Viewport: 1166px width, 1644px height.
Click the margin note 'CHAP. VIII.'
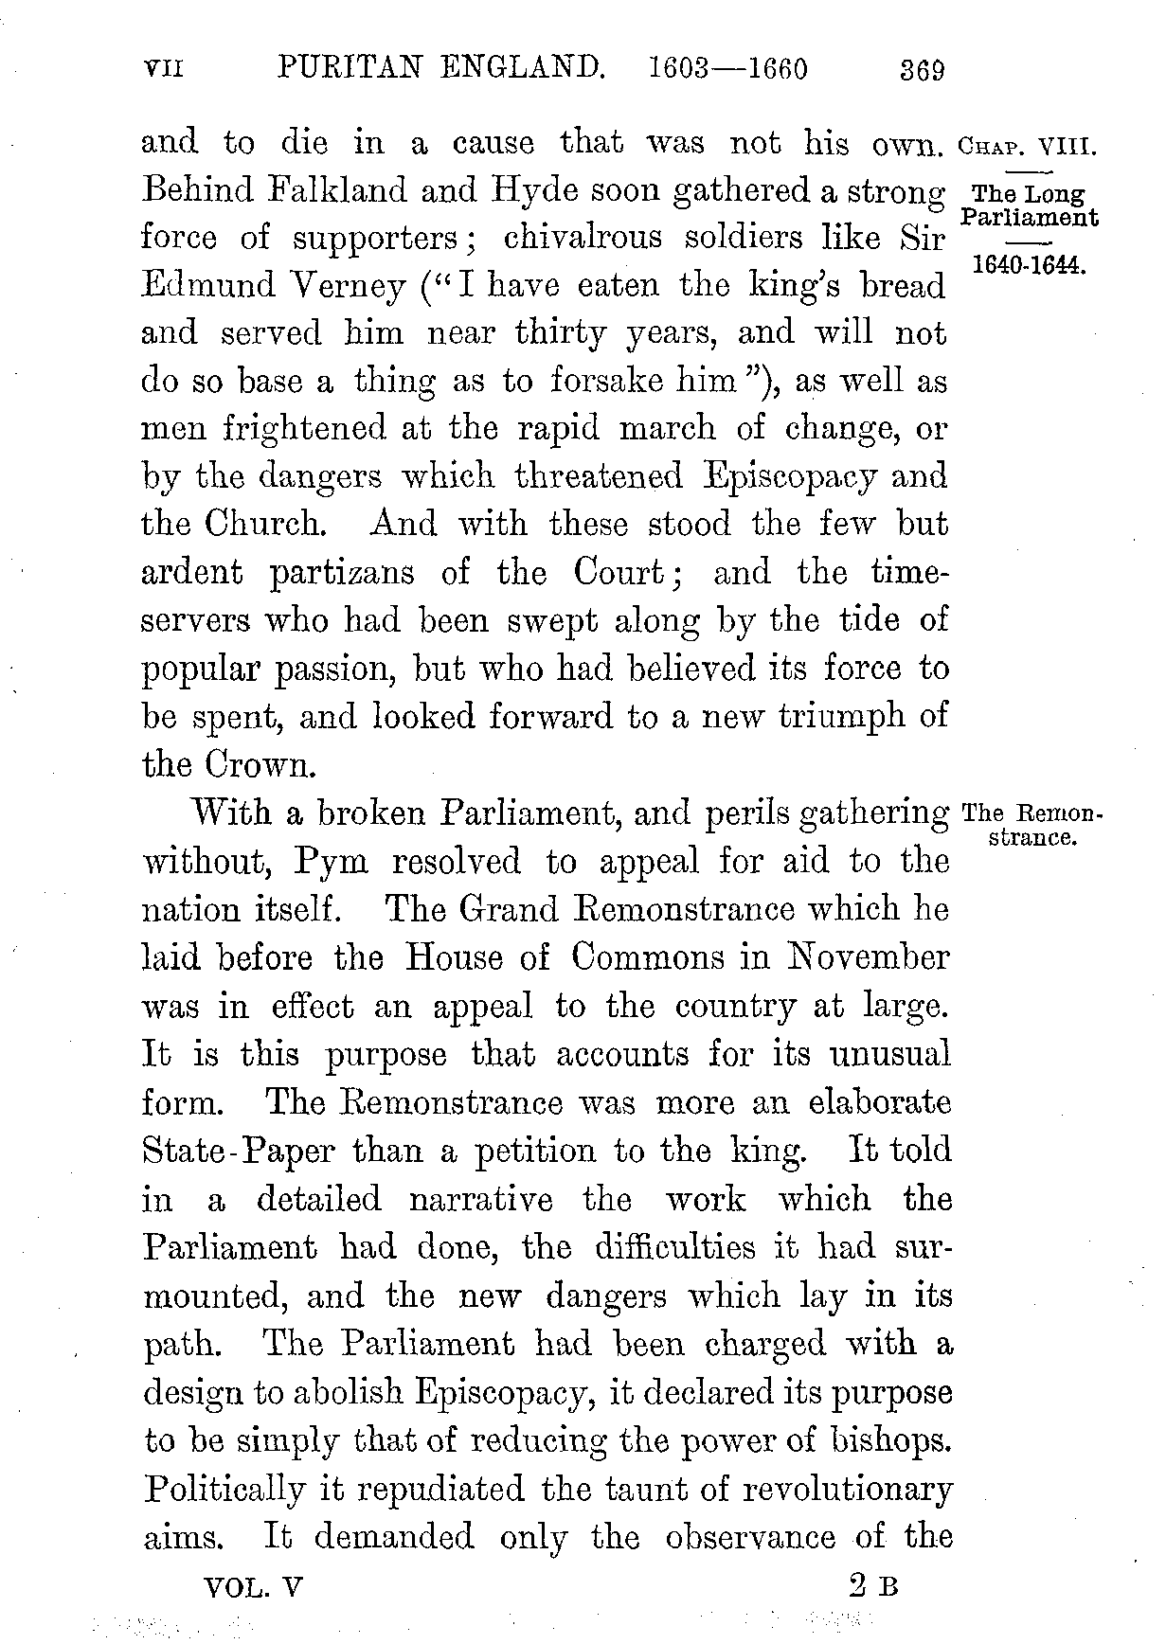pyautogui.click(x=1027, y=149)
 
